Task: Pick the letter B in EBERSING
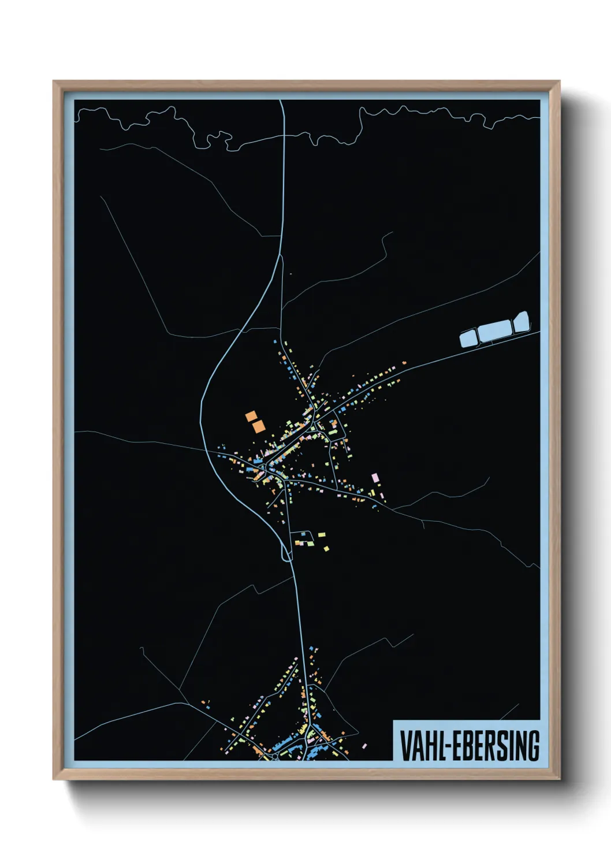click(468, 746)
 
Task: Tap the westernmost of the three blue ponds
click(468, 337)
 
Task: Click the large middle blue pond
click(494, 330)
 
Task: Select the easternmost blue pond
click(521, 322)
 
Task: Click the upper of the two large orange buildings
click(251, 416)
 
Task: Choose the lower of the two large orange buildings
click(258, 426)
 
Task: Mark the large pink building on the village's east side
click(375, 477)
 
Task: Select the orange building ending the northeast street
click(404, 362)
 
